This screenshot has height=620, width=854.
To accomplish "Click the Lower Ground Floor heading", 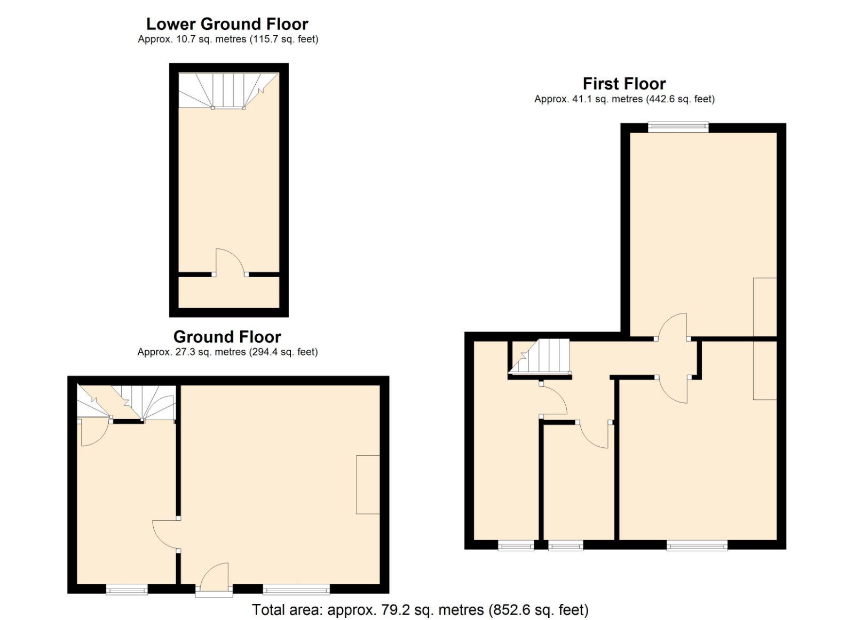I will click(227, 24).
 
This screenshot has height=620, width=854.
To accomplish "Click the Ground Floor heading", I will click(227, 337).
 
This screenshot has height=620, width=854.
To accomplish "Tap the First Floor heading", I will click(624, 84).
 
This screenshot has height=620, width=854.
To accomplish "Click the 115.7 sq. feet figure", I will click(283, 39).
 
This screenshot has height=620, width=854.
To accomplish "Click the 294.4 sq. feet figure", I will click(283, 352).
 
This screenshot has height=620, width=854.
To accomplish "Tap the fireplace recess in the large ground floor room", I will click(368, 484).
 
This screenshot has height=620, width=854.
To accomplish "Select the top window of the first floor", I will click(678, 127).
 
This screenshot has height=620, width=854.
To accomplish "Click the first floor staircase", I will click(540, 357).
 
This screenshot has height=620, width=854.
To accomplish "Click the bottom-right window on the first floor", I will click(697, 545).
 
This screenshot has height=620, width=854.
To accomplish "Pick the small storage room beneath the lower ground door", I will click(228, 292).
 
